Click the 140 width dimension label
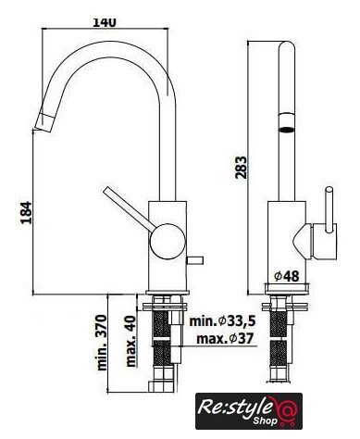pyautogui.click(x=105, y=22)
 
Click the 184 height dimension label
pyautogui.click(x=26, y=213)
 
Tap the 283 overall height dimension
pyautogui.click(x=241, y=168)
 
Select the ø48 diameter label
pyautogui.click(x=287, y=276)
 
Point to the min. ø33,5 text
pyautogui.click(x=222, y=321)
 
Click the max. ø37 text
pyautogui.click(x=225, y=339)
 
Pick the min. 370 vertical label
pyautogui.click(x=102, y=343)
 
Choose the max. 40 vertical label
pyautogui.click(x=130, y=341)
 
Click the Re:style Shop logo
pyautogui.click(x=249, y=411)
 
